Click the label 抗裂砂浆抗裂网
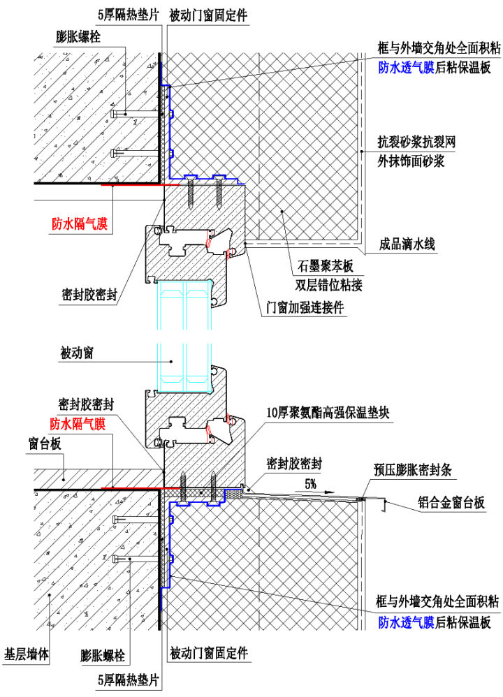point(416,142)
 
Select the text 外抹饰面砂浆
point(411,161)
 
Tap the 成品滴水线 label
point(407,244)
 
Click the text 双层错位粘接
point(328,284)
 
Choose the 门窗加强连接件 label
point(304,307)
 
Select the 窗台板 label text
point(45,443)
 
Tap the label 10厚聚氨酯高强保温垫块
point(328,413)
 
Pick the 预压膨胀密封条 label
point(412,470)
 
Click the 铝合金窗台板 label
point(451,502)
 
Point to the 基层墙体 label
point(27,654)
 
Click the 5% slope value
point(310,483)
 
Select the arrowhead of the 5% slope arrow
point(330,492)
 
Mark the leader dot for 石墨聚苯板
point(282,212)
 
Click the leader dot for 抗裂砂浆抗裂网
point(362,151)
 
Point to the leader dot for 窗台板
point(64,478)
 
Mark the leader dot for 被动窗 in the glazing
point(172,361)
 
